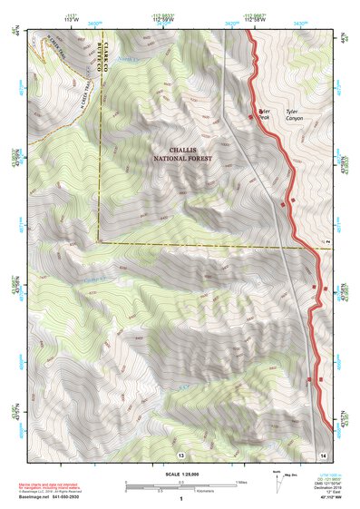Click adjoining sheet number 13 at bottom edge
180,453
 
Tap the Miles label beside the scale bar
241,483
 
